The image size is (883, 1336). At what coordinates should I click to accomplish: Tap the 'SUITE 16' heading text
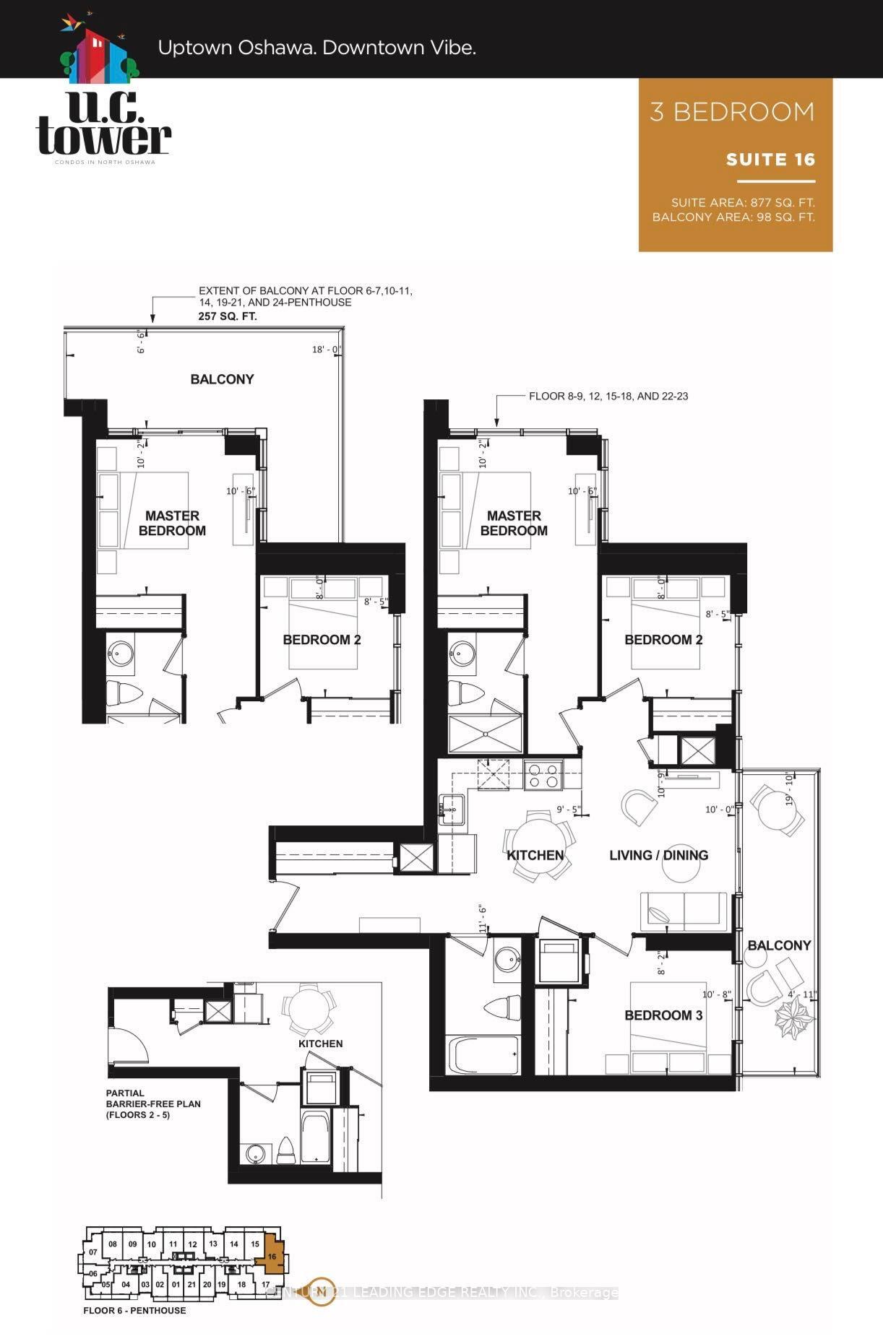[770, 160]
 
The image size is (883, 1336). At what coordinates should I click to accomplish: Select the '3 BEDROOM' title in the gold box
[732, 112]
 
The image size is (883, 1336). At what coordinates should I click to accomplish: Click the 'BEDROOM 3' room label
[663, 1015]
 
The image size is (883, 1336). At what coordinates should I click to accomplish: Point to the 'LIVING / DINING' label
[658, 855]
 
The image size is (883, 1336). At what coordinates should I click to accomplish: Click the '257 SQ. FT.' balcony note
[228, 316]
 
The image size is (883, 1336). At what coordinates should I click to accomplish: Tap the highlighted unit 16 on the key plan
[272, 1257]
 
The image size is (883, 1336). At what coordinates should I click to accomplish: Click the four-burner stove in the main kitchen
[543, 775]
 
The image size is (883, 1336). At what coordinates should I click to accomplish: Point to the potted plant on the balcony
[793, 1020]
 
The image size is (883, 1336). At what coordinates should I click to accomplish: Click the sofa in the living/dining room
[684, 911]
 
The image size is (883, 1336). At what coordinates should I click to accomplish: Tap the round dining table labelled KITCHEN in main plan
[540, 844]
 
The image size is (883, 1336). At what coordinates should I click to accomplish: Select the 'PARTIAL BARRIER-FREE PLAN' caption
[153, 1103]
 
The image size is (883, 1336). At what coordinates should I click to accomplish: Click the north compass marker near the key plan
[323, 1292]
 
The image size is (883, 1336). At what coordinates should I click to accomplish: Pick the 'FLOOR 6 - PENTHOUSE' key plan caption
[134, 1310]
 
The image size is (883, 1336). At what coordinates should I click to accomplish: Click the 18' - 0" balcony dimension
[327, 350]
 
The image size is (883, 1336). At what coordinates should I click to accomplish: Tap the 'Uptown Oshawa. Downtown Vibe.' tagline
[316, 48]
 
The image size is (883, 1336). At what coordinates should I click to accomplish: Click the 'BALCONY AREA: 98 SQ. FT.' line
[733, 217]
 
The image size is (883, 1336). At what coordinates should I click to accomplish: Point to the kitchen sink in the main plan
[452, 807]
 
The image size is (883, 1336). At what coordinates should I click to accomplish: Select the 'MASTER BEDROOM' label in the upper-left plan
[172, 523]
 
